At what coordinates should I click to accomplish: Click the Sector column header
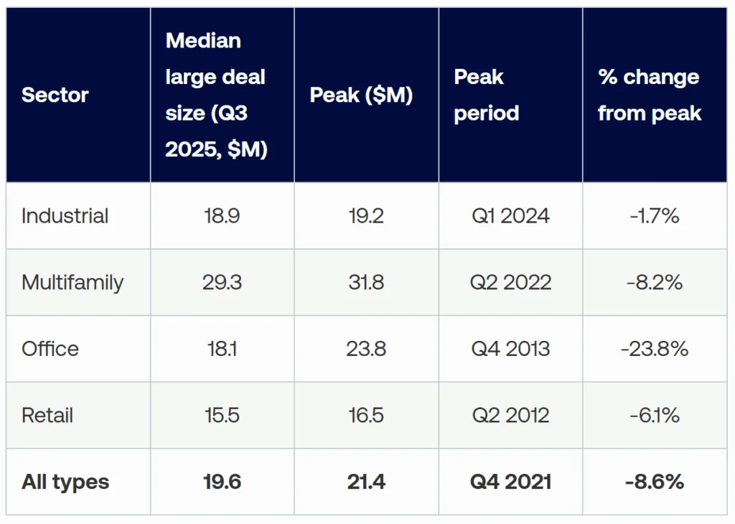[55, 95]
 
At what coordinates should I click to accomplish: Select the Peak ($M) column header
[361, 95]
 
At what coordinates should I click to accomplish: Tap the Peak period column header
[486, 95]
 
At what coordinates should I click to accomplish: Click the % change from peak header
[649, 95]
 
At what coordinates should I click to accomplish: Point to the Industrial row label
[65, 216]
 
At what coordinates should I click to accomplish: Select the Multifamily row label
[72, 282]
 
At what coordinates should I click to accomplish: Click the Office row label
[50, 349]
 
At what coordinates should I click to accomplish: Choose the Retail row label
[47, 416]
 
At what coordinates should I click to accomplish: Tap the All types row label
[65, 482]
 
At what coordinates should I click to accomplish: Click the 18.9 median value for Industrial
[222, 216]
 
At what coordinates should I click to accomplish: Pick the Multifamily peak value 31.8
[366, 282]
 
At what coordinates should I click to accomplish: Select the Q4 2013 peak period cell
[510, 349]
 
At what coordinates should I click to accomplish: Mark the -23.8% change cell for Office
[655, 349]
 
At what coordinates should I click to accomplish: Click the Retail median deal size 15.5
[222, 416]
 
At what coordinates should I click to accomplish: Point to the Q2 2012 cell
[510, 416]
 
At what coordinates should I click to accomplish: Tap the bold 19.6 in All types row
[222, 482]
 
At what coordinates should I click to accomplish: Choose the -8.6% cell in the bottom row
[655, 482]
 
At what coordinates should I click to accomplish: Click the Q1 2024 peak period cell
[510, 216]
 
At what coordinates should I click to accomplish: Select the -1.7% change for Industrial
[655, 216]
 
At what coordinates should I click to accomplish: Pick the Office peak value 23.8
[366, 349]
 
